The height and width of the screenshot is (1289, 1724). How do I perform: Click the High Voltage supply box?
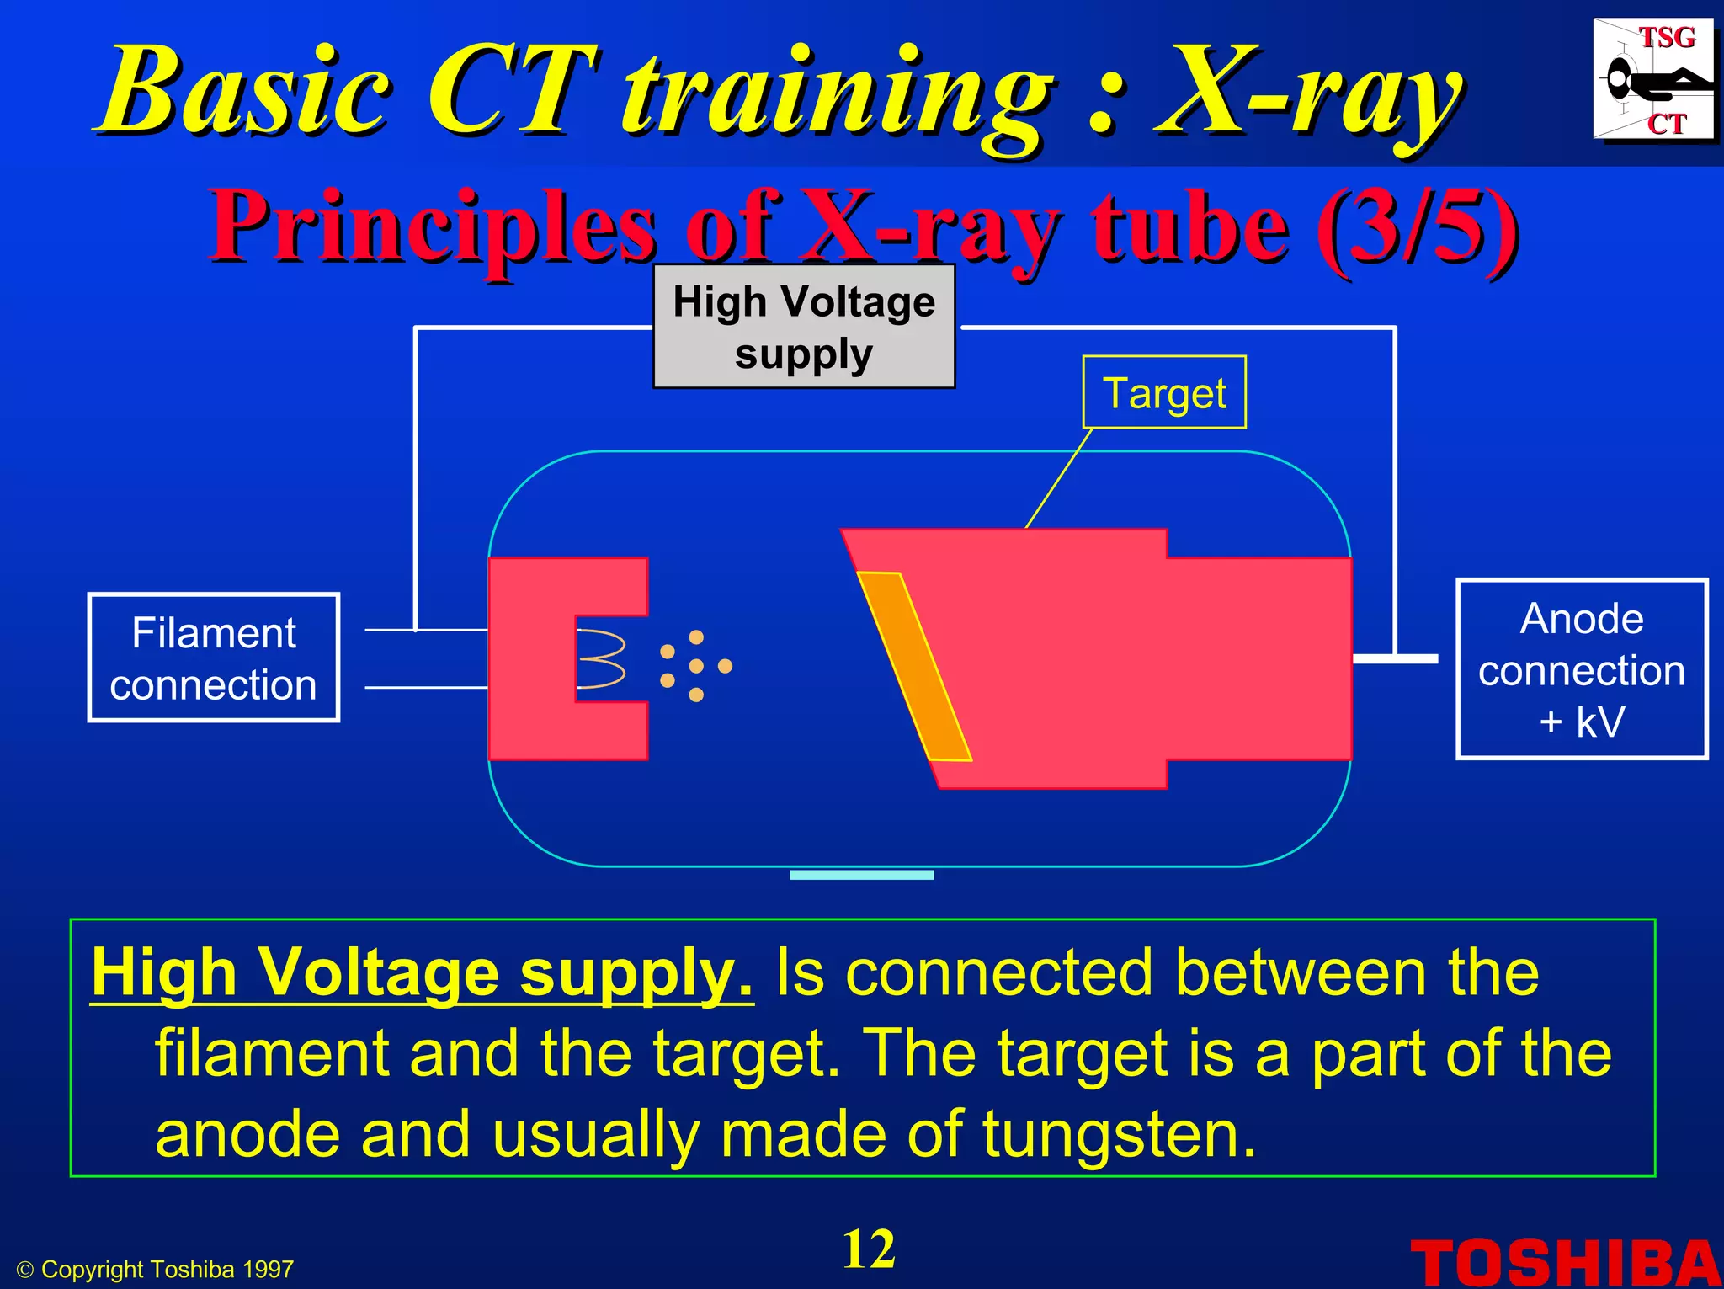click(x=804, y=327)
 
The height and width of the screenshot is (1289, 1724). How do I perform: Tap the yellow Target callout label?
click(x=1164, y=392)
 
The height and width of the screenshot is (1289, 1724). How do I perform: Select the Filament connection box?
click(x=214, y=658)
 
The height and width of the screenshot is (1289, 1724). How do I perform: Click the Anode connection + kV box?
click(x=1582, y=669)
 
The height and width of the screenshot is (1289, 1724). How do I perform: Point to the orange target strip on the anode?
click(x=914, y=666)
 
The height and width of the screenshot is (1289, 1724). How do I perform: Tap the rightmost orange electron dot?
click(x=725, y=666)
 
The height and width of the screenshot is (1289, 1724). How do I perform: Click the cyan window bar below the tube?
click(x=862, y=875)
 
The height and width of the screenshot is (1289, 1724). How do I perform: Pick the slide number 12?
click(x=869, y=1249)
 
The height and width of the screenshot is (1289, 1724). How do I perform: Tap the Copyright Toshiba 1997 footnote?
click(x=156, y=1270)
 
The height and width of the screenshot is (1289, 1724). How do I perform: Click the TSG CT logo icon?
click(x=1653, y=79)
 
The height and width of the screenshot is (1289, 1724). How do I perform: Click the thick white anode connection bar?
click(x=1395, y=658)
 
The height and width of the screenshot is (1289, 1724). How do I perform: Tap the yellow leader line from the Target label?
click(x=1059, y=478)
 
